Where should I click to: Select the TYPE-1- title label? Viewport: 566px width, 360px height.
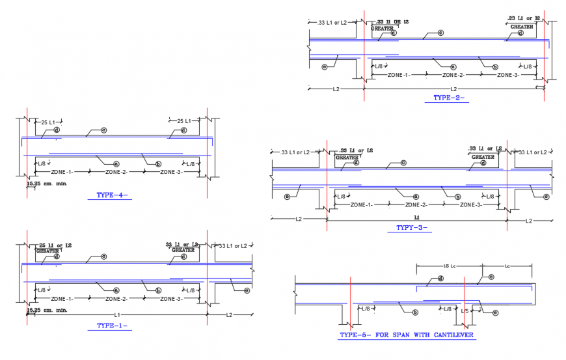coord(112,325)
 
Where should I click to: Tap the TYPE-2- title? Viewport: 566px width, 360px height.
coord(449,98)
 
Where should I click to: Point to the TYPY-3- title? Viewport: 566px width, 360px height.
coord(411,228)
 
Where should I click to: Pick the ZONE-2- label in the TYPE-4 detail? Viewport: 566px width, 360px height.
coord(116,172)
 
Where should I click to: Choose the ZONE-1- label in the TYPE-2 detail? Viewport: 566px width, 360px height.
coord(398,75)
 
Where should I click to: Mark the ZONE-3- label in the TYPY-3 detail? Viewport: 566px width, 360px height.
coord(471,205)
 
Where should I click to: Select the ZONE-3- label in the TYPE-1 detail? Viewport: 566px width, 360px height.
coord(170,299)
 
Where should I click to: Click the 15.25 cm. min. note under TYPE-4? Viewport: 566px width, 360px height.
coord(47,184)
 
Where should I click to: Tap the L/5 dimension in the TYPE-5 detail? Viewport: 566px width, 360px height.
coord(465,311)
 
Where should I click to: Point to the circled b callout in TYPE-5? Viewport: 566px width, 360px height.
coord(414,312)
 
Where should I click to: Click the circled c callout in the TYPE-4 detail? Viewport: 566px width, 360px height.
coord(103,130)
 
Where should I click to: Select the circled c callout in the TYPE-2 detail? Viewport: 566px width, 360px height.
coord(440,33)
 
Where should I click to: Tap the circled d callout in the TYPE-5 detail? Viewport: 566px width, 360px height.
coord(440,279)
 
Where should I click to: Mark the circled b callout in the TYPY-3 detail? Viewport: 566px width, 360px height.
coord(458,197)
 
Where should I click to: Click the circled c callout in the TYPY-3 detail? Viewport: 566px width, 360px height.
coord(403,163)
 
